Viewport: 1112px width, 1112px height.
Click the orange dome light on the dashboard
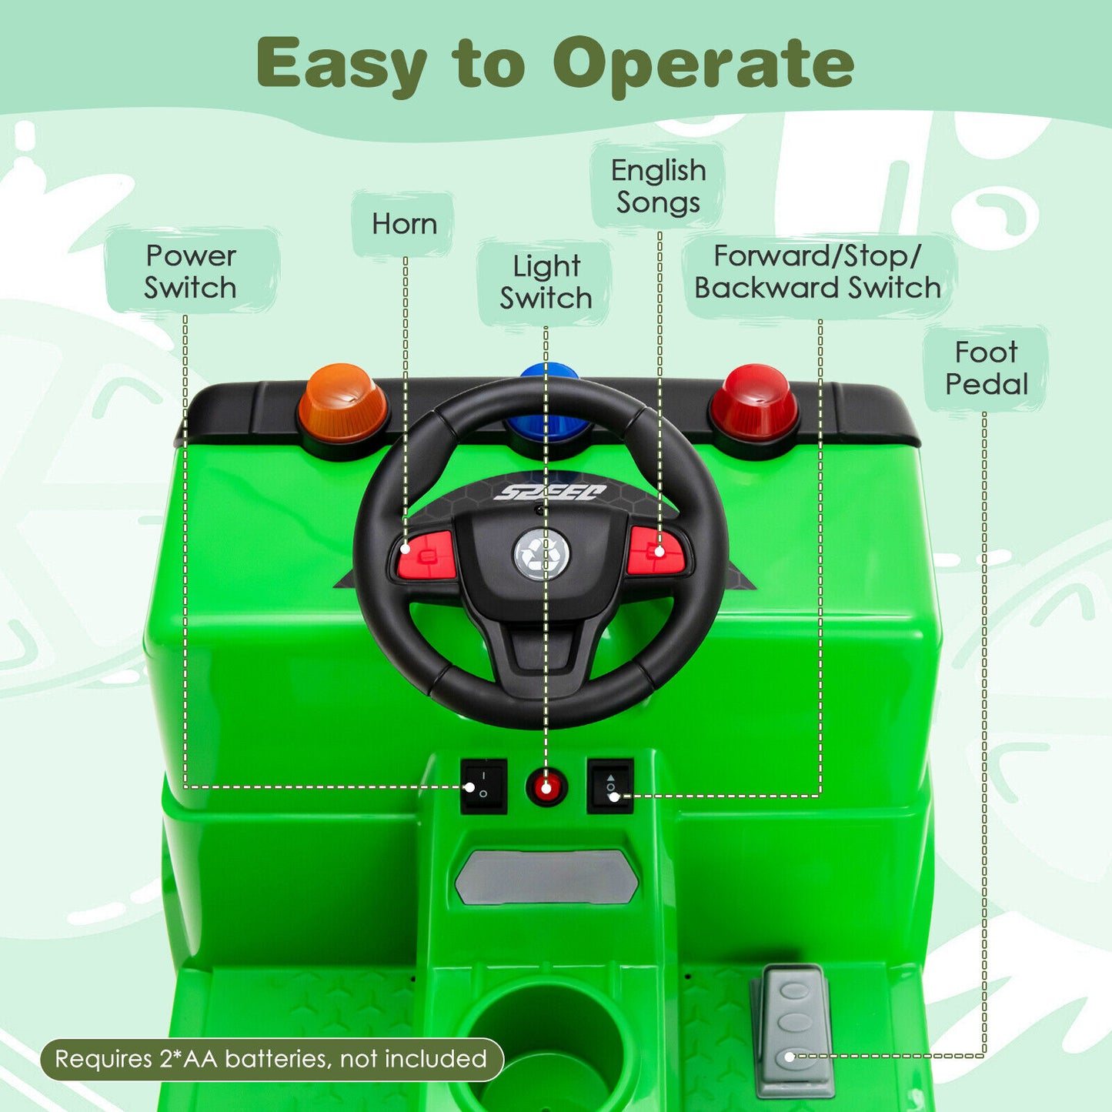342,404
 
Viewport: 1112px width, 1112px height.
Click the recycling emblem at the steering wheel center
543,554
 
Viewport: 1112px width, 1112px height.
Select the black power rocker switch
483,786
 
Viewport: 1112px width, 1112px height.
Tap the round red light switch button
546,787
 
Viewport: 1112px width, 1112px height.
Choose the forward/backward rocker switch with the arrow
610,786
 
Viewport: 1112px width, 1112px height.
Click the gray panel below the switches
546,877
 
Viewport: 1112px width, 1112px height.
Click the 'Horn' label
404,224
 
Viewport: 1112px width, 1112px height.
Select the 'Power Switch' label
191,272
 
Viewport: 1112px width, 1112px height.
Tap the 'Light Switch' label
546,282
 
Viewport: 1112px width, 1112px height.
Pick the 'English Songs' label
659,186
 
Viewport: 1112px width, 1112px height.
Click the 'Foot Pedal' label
987,368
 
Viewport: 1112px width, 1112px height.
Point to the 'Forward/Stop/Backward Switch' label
818,272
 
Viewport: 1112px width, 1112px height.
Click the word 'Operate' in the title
703,64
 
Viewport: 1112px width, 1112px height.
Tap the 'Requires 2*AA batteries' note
271,1060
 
